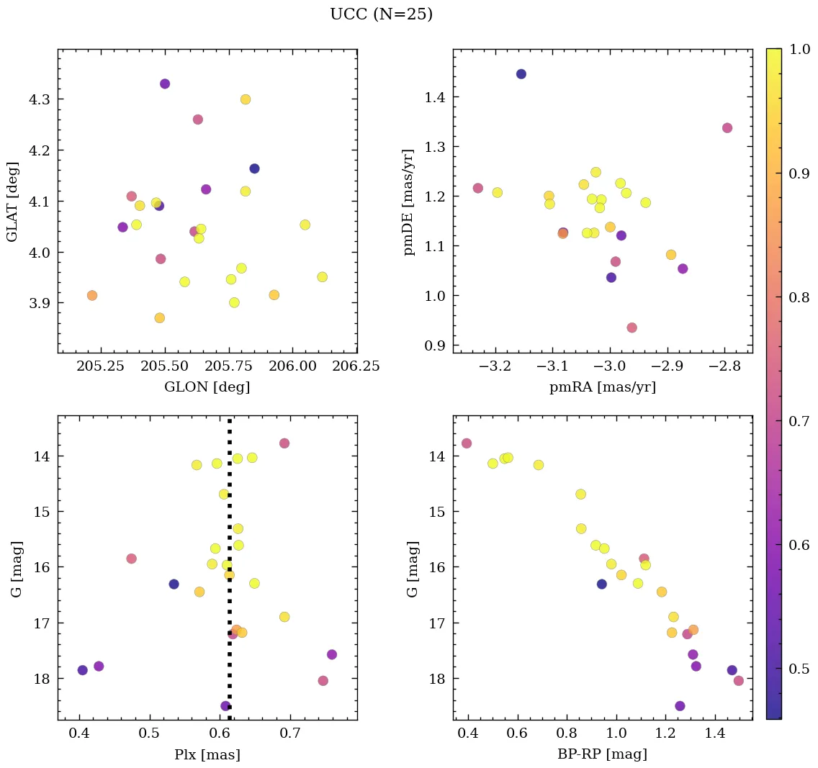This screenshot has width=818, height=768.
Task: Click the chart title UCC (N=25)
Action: point(381,14)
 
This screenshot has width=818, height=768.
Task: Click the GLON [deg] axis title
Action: point(207,387)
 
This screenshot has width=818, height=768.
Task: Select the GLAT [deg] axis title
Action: point(12,202)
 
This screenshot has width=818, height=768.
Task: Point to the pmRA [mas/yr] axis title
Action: point(603,387)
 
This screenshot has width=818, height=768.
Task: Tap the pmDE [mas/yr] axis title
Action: point(409,202)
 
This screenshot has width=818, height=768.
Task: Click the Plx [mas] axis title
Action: point(207,754)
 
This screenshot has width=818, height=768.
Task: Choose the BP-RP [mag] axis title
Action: point(603,754)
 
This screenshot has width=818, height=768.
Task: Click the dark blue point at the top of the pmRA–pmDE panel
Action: point(521,74)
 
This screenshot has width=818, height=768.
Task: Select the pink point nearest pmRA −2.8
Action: point(727,128)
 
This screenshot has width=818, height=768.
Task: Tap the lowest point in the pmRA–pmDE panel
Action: point(632,327)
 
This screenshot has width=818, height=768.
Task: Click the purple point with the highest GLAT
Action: point(165,84)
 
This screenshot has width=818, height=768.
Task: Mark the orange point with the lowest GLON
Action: point(92,296)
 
